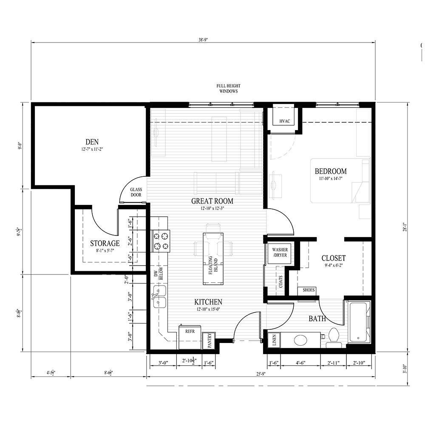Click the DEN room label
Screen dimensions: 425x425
coord(92,142)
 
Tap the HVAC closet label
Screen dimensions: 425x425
coord(284,122)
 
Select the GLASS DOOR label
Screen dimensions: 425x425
coord(136,192)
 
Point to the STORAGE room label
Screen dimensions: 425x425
coord(105,244)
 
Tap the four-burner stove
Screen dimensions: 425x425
coord(161,240)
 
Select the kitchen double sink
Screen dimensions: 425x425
coord(159,297)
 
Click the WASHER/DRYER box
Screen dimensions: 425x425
coord(280,253)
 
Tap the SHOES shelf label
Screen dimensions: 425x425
coord(309,290)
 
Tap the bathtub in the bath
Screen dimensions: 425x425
coord(360,322)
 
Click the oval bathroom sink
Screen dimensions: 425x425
coord(301,340)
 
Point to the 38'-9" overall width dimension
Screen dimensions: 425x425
coord(203,39)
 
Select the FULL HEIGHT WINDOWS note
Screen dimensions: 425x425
coord(229,88)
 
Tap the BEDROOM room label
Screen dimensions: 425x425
coord(330,172)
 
